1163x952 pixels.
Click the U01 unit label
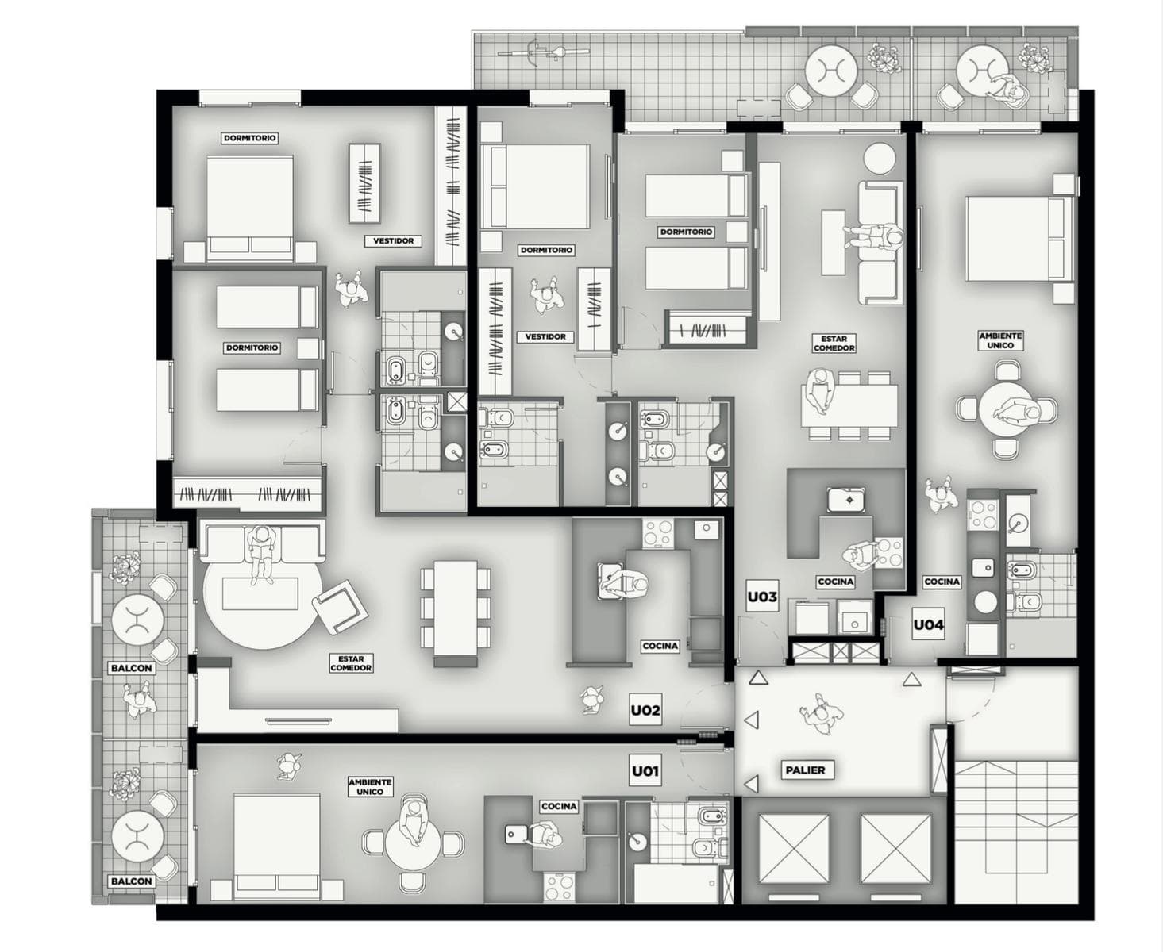click(645, 770)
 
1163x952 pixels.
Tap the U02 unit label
click(645, 710)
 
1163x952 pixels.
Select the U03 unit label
click(762, 597)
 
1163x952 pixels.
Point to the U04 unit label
click(929, 624)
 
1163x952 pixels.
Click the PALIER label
click(805, 770)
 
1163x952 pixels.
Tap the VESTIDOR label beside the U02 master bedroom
click(393, 241)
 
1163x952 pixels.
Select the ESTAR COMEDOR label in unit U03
click(834, 344)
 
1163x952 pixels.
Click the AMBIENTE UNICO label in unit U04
click(1000, 340)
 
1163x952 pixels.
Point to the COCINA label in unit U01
click(559, 807)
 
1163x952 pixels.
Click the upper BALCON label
click(131, 668)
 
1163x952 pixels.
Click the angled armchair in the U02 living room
click(341, 607)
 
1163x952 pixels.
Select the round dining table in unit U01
click(413, 843)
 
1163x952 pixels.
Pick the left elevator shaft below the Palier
click(794, 849)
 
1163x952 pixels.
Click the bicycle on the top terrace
click(543, 53)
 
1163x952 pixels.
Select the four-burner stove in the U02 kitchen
click(658, 533)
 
